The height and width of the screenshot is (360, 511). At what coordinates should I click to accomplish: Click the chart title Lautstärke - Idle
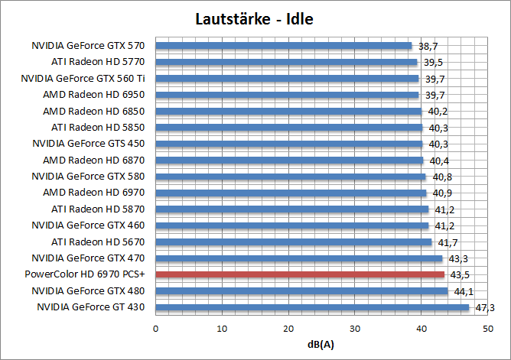click(x=255, y=18)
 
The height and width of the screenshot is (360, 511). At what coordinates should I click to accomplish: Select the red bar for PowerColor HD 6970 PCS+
click(x=300, y=274)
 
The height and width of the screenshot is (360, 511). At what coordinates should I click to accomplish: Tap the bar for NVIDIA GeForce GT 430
click(x=312, y=307)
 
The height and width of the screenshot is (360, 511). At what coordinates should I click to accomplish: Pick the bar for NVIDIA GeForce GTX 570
click(x=284, y=46)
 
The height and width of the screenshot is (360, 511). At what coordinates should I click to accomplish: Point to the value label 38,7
click(x=428, y=46)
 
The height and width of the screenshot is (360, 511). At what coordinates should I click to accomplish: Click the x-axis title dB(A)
click(x=321, y=345)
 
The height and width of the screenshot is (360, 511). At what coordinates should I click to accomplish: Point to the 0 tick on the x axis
click(x=156, y=329)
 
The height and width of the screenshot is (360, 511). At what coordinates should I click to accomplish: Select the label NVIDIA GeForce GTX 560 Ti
click(x=89, y=78)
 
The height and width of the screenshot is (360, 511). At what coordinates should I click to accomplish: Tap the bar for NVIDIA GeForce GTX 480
click(x=302, y=290)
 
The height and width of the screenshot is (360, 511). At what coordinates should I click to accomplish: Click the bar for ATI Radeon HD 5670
click(x=294, y=242)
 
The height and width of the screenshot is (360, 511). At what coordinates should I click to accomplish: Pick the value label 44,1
click(x=464, y=290)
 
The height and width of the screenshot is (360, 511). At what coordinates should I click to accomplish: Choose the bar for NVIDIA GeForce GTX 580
click(x=291, y=177)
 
